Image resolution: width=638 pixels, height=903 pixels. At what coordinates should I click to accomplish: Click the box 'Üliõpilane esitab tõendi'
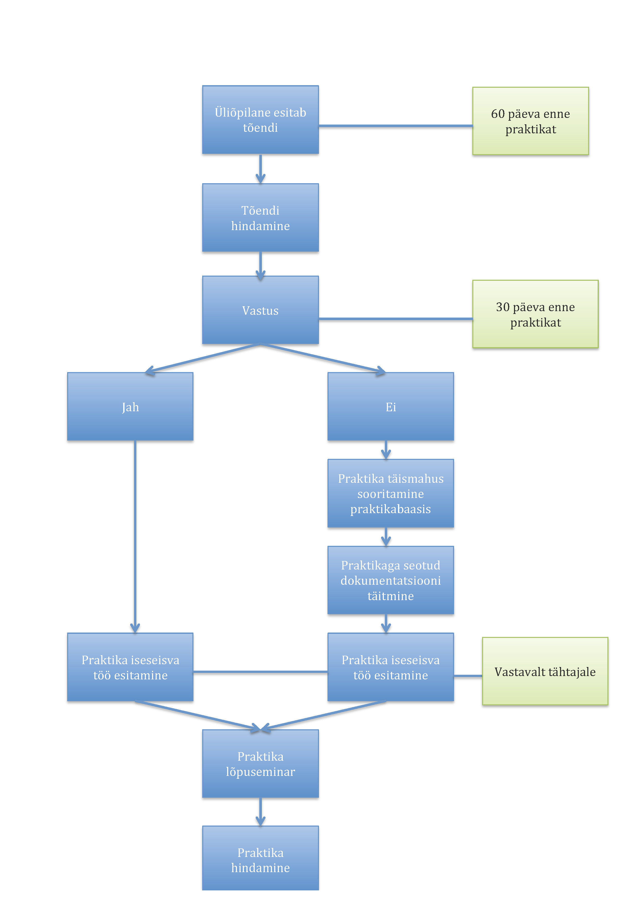click(x=260, y=120)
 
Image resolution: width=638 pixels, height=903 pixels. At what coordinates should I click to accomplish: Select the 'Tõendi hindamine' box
click(x=260, y=217)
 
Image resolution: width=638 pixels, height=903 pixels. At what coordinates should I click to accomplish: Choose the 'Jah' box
click(x=130, y=406)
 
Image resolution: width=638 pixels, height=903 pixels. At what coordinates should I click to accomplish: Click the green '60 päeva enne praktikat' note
click(x=530, y=121)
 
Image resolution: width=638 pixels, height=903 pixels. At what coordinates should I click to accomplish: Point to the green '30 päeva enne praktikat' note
click(x=535, y=314)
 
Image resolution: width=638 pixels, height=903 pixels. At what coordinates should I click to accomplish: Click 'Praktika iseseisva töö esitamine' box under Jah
click(x=130, y=667)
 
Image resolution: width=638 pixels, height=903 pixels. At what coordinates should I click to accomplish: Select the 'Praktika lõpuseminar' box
click(x=260, y=764)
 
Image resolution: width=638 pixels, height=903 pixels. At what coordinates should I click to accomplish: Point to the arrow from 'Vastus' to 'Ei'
click(x=323, y=358)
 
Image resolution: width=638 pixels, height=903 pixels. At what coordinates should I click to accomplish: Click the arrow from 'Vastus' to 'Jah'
click(x=202, y=358)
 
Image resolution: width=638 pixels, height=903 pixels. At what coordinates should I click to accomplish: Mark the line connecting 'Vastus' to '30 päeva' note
click(x=395, y=319)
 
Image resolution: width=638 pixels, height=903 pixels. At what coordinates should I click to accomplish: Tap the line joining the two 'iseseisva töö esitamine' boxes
click(x=260, y=672)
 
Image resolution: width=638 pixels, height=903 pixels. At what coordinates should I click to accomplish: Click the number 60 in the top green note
click(x=497, y=114)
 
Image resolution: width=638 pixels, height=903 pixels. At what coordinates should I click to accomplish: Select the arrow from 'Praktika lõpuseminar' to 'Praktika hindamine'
click(x=260, y=812)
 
